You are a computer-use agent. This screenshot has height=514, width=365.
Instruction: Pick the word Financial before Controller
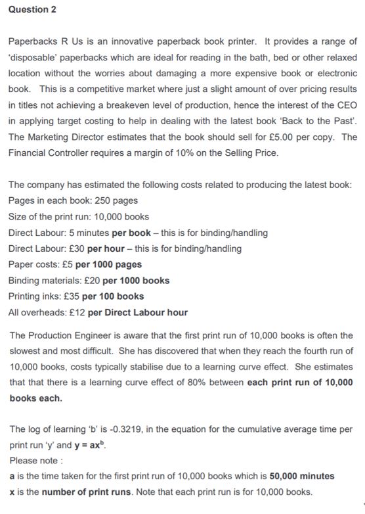tap(29, 152)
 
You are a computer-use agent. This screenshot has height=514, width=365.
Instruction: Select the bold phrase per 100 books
tap(114, 296)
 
